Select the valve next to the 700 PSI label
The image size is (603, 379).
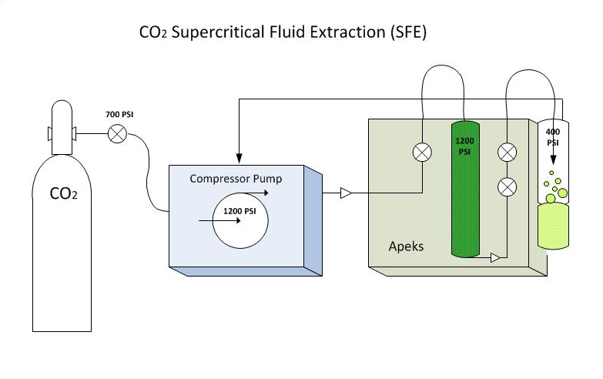117,134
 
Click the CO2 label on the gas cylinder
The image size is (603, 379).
62,194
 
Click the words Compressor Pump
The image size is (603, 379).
236,179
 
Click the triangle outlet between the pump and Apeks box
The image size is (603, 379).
346,193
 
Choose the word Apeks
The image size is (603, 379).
407,247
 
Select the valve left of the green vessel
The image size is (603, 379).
422,153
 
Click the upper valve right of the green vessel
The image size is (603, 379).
507,153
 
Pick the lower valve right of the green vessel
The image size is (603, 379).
507,186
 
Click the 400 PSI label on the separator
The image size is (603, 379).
552,137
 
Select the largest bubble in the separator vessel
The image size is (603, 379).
561,193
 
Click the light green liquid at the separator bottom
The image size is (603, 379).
552,227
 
